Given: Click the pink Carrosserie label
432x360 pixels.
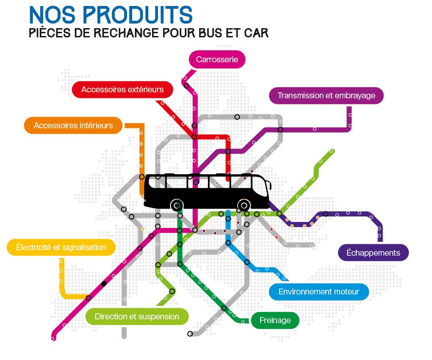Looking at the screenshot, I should pos(217,60).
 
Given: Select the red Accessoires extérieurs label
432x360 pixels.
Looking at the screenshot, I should pos(122,90).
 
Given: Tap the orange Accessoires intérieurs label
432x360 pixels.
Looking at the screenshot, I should pos(73,126).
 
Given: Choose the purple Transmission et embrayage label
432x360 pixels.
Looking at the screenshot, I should pos(326,96).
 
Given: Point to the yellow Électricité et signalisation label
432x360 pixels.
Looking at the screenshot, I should pos(61,247).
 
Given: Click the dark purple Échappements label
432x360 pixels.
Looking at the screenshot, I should pos(373,253).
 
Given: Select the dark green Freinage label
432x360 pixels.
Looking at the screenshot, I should pos(275,320).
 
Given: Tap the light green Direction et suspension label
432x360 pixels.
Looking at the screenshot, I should pos(137,317).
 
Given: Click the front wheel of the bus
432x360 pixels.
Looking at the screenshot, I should pos(243,205).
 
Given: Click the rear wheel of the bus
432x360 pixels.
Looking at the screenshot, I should pos(176,205).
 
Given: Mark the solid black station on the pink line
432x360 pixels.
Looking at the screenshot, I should pos(104,283).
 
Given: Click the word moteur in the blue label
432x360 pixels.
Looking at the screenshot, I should pos(347,292).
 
